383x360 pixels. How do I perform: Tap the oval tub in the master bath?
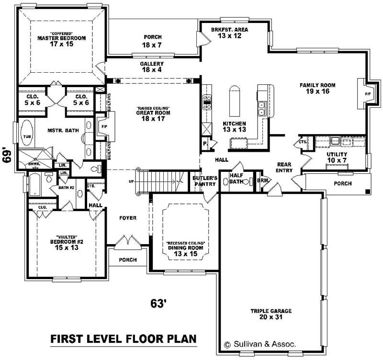point(26,136)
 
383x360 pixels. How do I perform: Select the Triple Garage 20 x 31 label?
point(271,314)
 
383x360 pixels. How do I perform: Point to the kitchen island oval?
point(234,101)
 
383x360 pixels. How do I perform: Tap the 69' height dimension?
point(7,156)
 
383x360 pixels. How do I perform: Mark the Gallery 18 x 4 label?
point(152,67)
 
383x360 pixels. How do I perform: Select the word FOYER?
point(128,218)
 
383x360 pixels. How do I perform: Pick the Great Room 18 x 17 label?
point(152,115)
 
